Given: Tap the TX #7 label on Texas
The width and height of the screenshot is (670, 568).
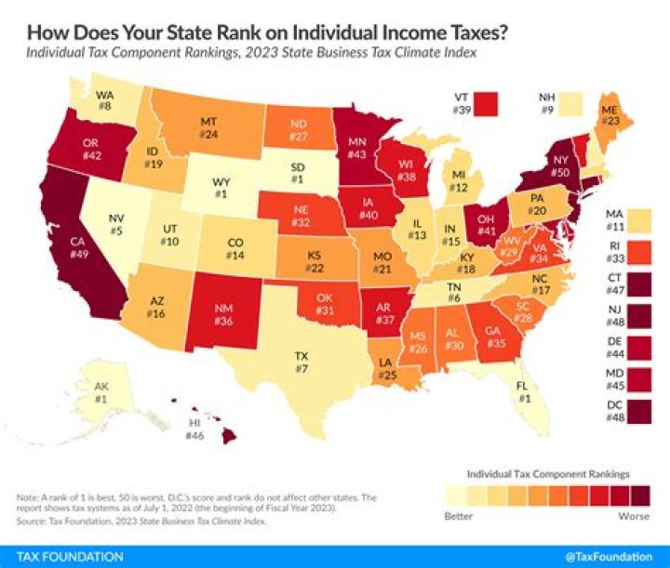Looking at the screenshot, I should coord(302,362).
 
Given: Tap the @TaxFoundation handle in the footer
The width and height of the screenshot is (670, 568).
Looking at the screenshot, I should coord(616,557).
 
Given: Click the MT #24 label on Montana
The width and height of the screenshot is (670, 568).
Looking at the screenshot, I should coord(209,128).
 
